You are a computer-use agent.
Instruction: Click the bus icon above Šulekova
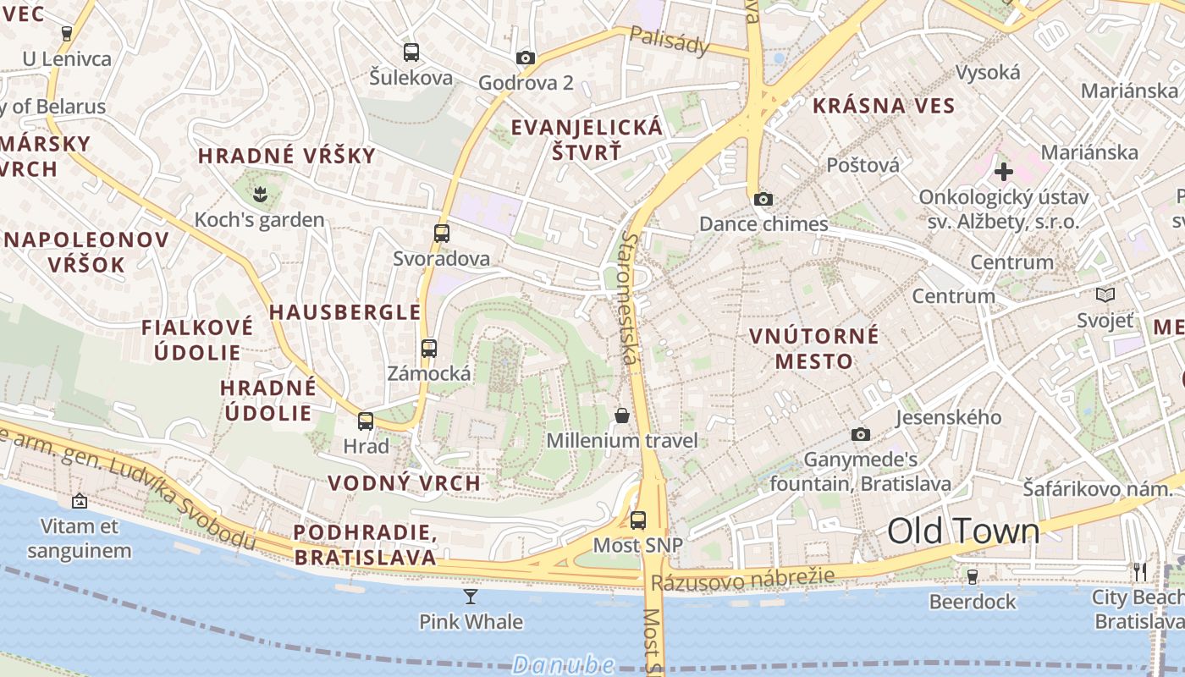point(411,52)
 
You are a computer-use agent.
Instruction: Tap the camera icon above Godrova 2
point(526,58)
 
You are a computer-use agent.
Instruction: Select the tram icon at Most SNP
point(638,520)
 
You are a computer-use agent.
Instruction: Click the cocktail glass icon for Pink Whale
point(471,597)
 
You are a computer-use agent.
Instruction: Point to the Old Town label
point(963,531)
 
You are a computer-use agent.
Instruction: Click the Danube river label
point(563,664)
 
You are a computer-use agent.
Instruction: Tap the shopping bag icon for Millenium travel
point(622,415)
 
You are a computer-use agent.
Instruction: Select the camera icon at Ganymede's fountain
point(861,434)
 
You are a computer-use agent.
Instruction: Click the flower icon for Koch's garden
point(260,195)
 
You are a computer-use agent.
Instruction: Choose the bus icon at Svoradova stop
point(441,234)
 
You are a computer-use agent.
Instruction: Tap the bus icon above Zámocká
point(429,348)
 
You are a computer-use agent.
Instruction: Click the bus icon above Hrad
point(366,421)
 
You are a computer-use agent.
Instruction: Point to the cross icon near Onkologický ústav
point(1003,172)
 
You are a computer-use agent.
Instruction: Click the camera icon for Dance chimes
point(763,199)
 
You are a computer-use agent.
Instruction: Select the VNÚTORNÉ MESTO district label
point(814,349)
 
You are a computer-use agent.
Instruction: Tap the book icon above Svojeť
point(1105,294)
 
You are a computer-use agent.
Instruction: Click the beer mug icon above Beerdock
point(973,576)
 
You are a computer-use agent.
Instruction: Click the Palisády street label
point(669,41)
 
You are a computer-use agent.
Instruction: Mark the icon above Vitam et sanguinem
point(80,501)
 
